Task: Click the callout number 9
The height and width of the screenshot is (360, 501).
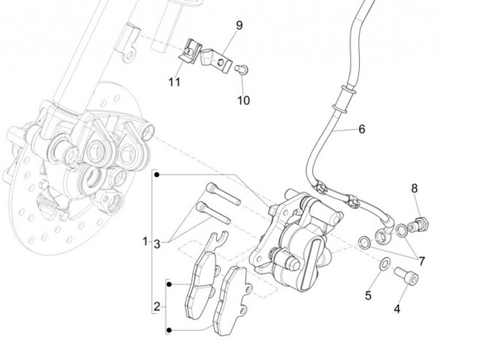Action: pos(239,26)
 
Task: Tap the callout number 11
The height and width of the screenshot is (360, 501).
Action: pos(175,82)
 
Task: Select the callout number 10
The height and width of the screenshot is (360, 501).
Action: pos(244,100)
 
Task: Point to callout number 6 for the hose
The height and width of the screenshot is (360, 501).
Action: pos(362,129)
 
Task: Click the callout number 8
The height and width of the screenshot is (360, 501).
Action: pos(415,188)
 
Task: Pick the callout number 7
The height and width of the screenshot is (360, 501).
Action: pos(422,261)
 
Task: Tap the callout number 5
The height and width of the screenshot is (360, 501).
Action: pos(368,295)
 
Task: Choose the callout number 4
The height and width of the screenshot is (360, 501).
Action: pos(397,309)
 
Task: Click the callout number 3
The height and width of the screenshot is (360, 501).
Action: pos(157,244)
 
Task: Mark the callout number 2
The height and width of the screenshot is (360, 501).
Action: pos(157,307)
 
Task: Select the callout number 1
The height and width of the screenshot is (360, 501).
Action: pos(145,242)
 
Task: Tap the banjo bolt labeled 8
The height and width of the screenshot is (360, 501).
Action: pos(419,224)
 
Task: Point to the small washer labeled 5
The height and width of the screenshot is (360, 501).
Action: pos(385,263)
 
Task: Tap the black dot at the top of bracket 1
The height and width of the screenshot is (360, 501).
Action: pos(157,175)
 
